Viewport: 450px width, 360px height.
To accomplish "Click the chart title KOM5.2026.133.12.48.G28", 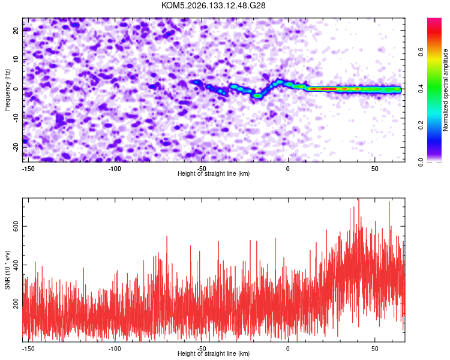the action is pyautogui.click(x=213, y=5).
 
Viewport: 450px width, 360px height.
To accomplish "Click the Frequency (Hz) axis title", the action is pyautogui.click(x=7, y=90).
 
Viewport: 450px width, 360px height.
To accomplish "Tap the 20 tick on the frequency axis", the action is pyautogui.click(x=16, y=30).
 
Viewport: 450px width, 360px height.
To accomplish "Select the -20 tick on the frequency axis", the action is pyautogui.click(x=16, y=147).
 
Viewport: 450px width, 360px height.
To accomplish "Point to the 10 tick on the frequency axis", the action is pyautogui.click(x=16, y=59).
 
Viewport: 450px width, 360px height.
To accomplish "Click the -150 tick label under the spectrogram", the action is pyautogui.click(x=28, y=169).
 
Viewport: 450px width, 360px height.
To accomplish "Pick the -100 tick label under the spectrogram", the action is pyautogui.click(x=115, y=169).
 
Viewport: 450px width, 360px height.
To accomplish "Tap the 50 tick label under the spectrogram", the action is pyautogui.click(x=375, y=169).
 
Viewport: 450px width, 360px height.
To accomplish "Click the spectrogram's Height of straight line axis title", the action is pyautogui.click(x=214, y=173).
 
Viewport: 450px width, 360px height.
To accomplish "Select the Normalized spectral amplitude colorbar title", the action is pyautogui.click(x=445, y=90).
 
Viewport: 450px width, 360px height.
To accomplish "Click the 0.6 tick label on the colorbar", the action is pyautogui.click(x=421, y=52).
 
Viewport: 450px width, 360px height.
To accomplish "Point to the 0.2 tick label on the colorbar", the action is pyautogui.click(x=421, y=125).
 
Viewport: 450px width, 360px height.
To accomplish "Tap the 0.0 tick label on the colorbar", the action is pyautogui.click(x=421, y=162).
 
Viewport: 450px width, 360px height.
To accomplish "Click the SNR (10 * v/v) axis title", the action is pyautogui.click(x=7, y=270).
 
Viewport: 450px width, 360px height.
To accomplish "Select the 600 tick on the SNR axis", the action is pyautogui.click(x=16, y=227).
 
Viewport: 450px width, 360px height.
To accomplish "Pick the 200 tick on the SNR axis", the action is pyautogui.click(x=16, y=304).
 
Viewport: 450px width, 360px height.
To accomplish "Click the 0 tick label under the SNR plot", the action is pyautogui.click(x=288, y=349).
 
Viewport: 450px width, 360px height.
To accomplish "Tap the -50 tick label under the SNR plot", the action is pyautogui.click(x=202, y=349).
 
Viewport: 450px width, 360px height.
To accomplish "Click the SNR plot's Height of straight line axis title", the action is pyautogui.click(x=214, y=353).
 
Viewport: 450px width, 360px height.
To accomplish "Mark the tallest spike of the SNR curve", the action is pyautogui.click(x=359, y=199).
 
